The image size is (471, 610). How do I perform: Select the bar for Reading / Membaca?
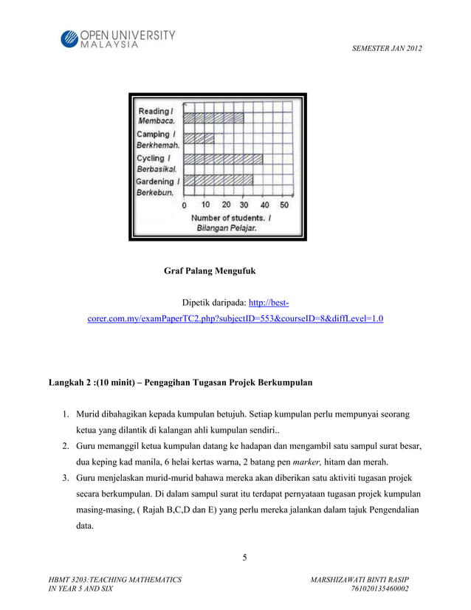(213, 117)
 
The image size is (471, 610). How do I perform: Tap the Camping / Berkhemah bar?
(199, 138)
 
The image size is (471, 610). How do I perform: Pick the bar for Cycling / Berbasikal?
(223, 159)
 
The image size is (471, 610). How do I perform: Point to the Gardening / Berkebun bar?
(218, 179)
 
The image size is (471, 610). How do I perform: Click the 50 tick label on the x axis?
(284, 205)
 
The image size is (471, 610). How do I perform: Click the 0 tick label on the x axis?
(185, 205)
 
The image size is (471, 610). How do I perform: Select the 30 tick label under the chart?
(244, 205)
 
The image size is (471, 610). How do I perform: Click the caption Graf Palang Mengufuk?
(210, 271)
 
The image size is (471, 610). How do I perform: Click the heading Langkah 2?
(180, 383)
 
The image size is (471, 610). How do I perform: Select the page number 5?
(245, 556)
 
